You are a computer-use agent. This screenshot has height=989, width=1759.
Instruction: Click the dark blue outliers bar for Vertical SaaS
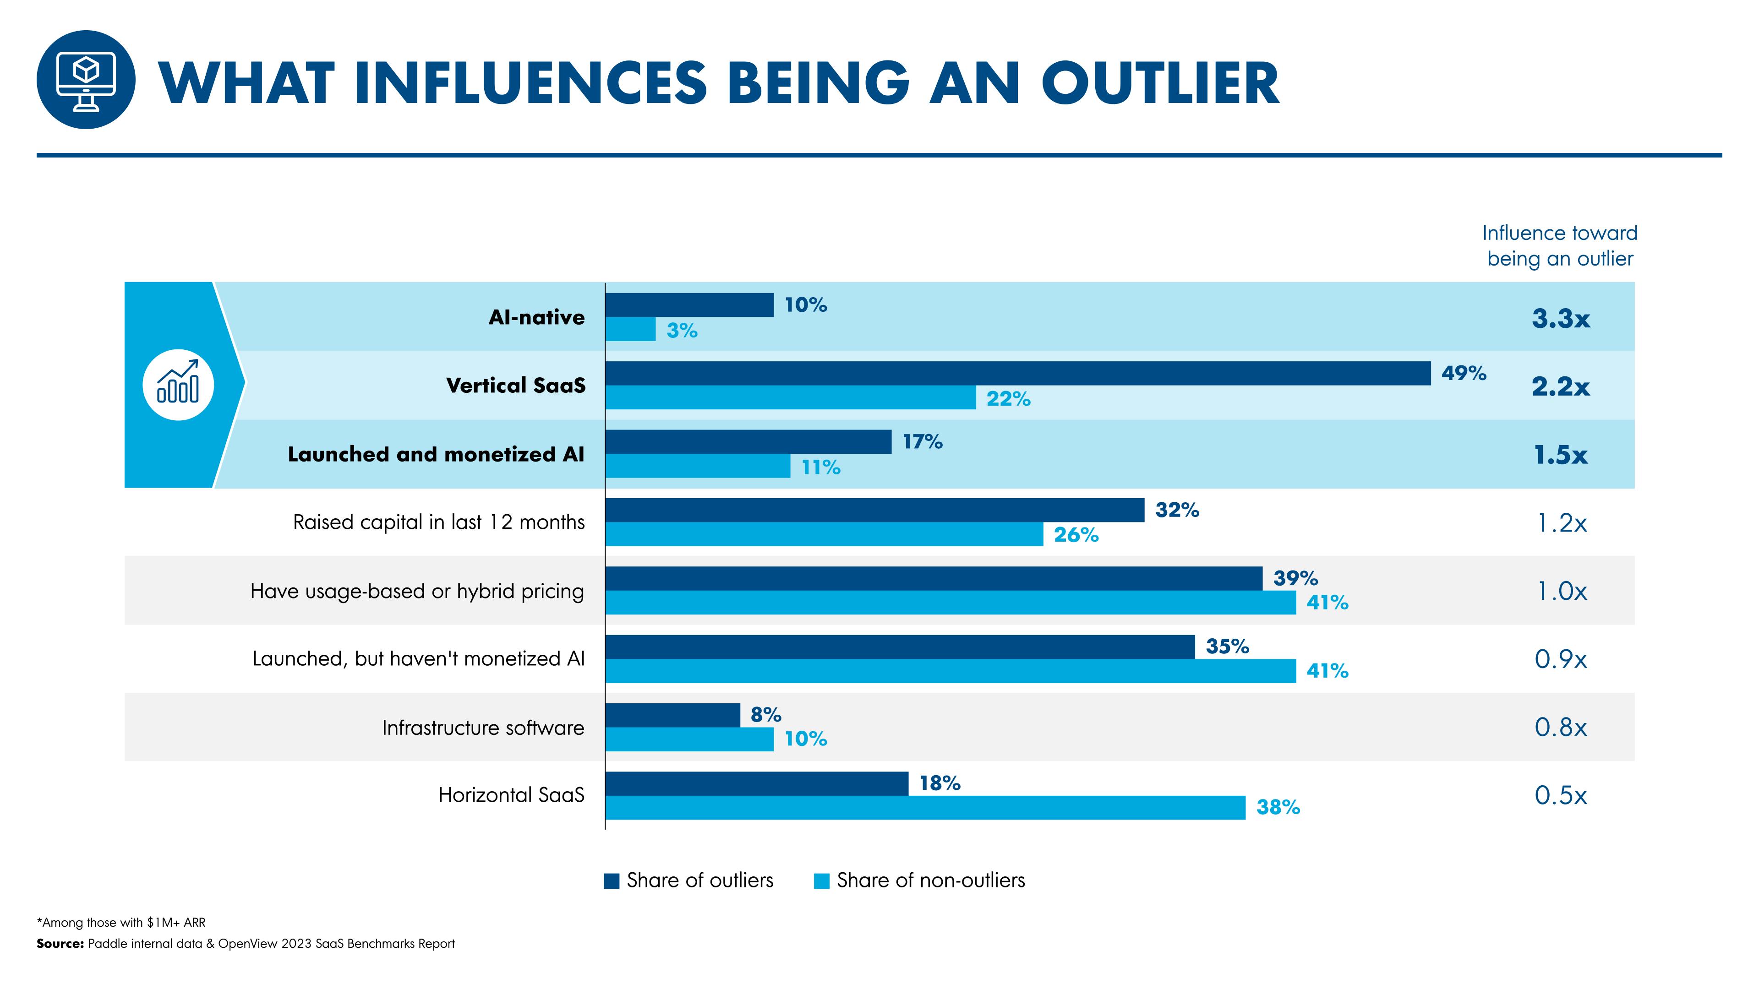(1017, 373)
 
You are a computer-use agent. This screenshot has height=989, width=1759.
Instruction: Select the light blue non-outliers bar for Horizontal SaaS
(925, 807)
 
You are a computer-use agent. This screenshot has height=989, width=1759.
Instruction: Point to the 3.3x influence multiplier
(1560, 318)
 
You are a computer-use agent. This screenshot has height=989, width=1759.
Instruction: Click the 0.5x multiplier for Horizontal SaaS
(1560, 795)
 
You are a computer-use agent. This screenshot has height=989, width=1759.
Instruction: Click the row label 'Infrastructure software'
(483, 728)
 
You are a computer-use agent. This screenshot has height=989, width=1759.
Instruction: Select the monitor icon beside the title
(86, 80)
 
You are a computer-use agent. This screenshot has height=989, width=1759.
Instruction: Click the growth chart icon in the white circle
(178, 385)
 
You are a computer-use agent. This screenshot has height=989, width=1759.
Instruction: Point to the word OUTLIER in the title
(1159, 83)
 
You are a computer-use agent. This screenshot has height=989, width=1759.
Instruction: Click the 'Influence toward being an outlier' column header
(1560, 246)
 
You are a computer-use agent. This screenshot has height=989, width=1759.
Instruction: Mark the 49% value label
(1464, 373)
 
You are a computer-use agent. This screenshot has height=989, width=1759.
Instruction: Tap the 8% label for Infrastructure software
(765, 715)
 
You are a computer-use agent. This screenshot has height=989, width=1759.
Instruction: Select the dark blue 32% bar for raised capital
(874, 510)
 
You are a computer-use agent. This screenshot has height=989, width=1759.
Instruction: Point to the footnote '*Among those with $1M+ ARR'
(121, 922)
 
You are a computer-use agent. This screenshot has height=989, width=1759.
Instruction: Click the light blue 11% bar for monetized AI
(697, 466)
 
